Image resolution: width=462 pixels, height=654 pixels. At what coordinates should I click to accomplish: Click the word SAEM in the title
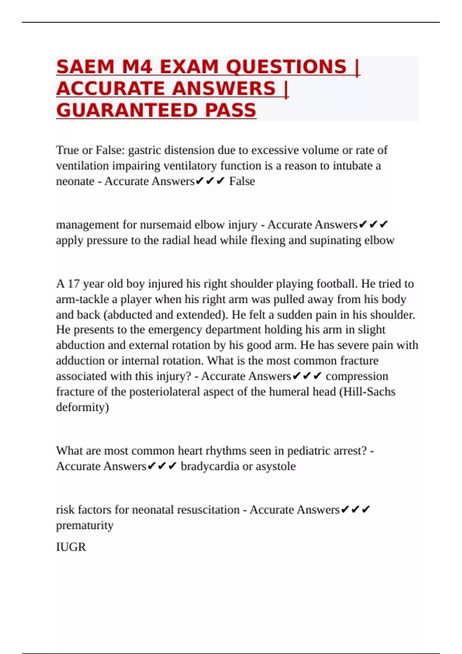pos(85,67)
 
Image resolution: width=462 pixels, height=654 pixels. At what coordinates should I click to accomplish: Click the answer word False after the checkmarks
pos(242,181)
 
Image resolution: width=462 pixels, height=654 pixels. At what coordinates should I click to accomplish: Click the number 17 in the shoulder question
pos(74,284)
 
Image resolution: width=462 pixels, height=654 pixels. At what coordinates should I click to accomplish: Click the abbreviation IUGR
pos(71,547)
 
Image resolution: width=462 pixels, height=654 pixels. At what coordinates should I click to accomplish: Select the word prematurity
pos(85,526)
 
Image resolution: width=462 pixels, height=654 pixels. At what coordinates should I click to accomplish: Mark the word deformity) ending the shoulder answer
pos(82,407)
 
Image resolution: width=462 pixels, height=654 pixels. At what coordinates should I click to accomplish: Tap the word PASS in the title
pos(231,111)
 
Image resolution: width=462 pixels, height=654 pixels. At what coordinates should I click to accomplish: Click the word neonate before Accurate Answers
pos(75,181)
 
